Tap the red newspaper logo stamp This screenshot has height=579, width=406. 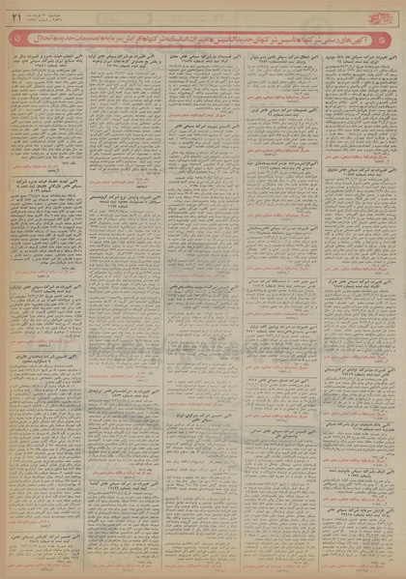point(385,13)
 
